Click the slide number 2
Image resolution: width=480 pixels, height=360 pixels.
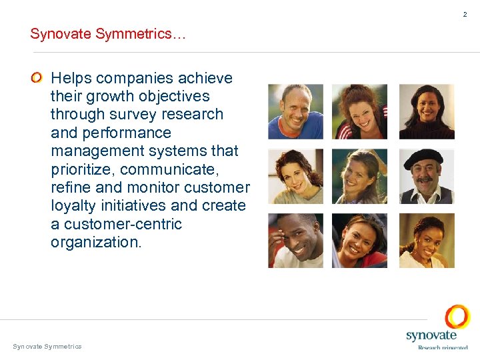pyautogui.click(x=466, y=15)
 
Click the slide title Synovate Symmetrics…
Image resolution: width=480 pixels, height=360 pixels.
pyautogui.click(x=108, y=34)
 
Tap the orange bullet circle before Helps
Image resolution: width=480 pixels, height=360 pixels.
pyautogui.click(x=37, y=79)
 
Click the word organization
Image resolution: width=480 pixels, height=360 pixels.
pyautogui.click(x=96, y=242)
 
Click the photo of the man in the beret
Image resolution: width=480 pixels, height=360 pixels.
pyautogui.click(x=427, y=176)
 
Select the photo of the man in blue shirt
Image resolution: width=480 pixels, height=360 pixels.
pyautogui.click(x=295, y=111)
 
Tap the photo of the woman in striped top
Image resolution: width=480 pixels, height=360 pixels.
pyautogui.click(x=360, y=111)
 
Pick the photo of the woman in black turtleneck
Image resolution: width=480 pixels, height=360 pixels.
pyautogui.click(x=427, y=111)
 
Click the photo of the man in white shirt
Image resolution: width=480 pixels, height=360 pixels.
pyautogui.click(x=295, y=241)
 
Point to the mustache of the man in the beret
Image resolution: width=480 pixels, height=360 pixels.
pyautogui.click(x=424, y=180)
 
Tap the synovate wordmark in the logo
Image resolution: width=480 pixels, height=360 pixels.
pyautogui.click(x=431, y=336)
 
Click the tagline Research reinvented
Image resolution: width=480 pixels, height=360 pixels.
pyautogui.click(x=442, y=347)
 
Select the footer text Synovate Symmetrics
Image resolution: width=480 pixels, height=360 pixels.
pyautogui.click(x=47, y=347)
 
